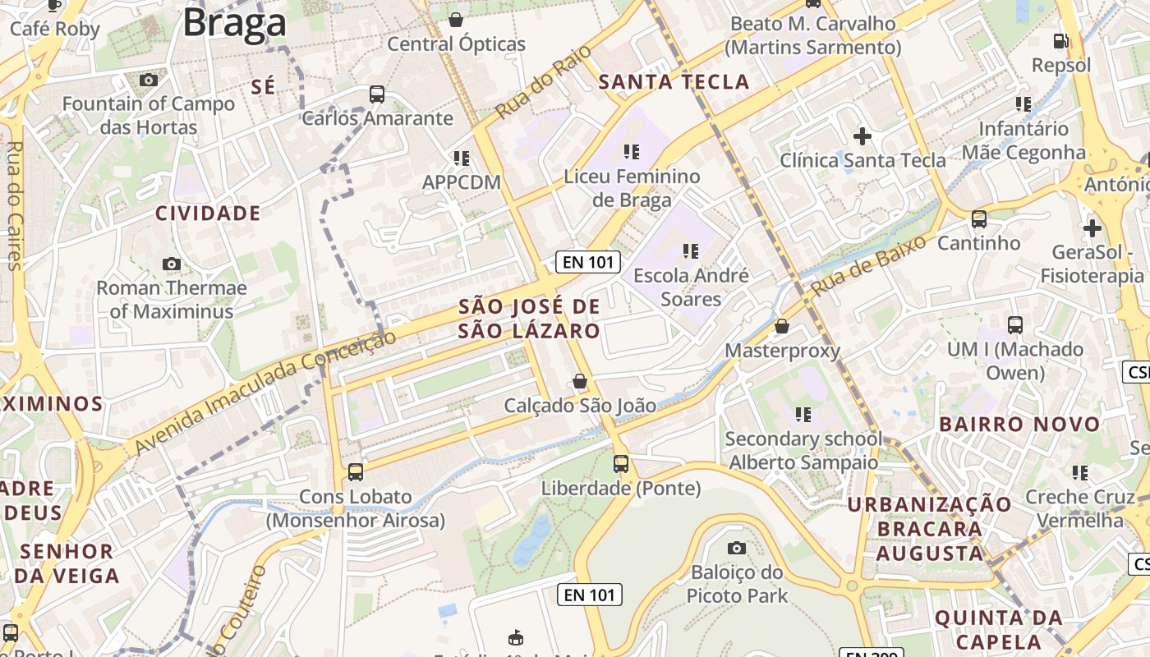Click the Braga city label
coord(234,23)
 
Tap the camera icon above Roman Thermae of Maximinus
coord(171,264)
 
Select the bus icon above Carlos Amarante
coord(377,94)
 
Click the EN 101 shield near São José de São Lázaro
coord(587,262)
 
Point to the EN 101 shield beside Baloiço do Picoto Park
coord(589,595)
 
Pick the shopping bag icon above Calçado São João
coord(580,381)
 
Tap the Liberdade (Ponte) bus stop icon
coord(621,464)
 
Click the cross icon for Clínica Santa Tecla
coord(862,136)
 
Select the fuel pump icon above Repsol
coord(1061,40)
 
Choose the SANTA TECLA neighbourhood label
coord(674,82)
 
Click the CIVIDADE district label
coord(208,214)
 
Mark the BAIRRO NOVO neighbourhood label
coord(1019,425)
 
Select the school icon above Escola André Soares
coord(690,250)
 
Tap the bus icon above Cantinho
coord(978,219)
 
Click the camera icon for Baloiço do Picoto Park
coord(737,548)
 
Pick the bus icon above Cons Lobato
coord(355,472)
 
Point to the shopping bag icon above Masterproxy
coord(782,327)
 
